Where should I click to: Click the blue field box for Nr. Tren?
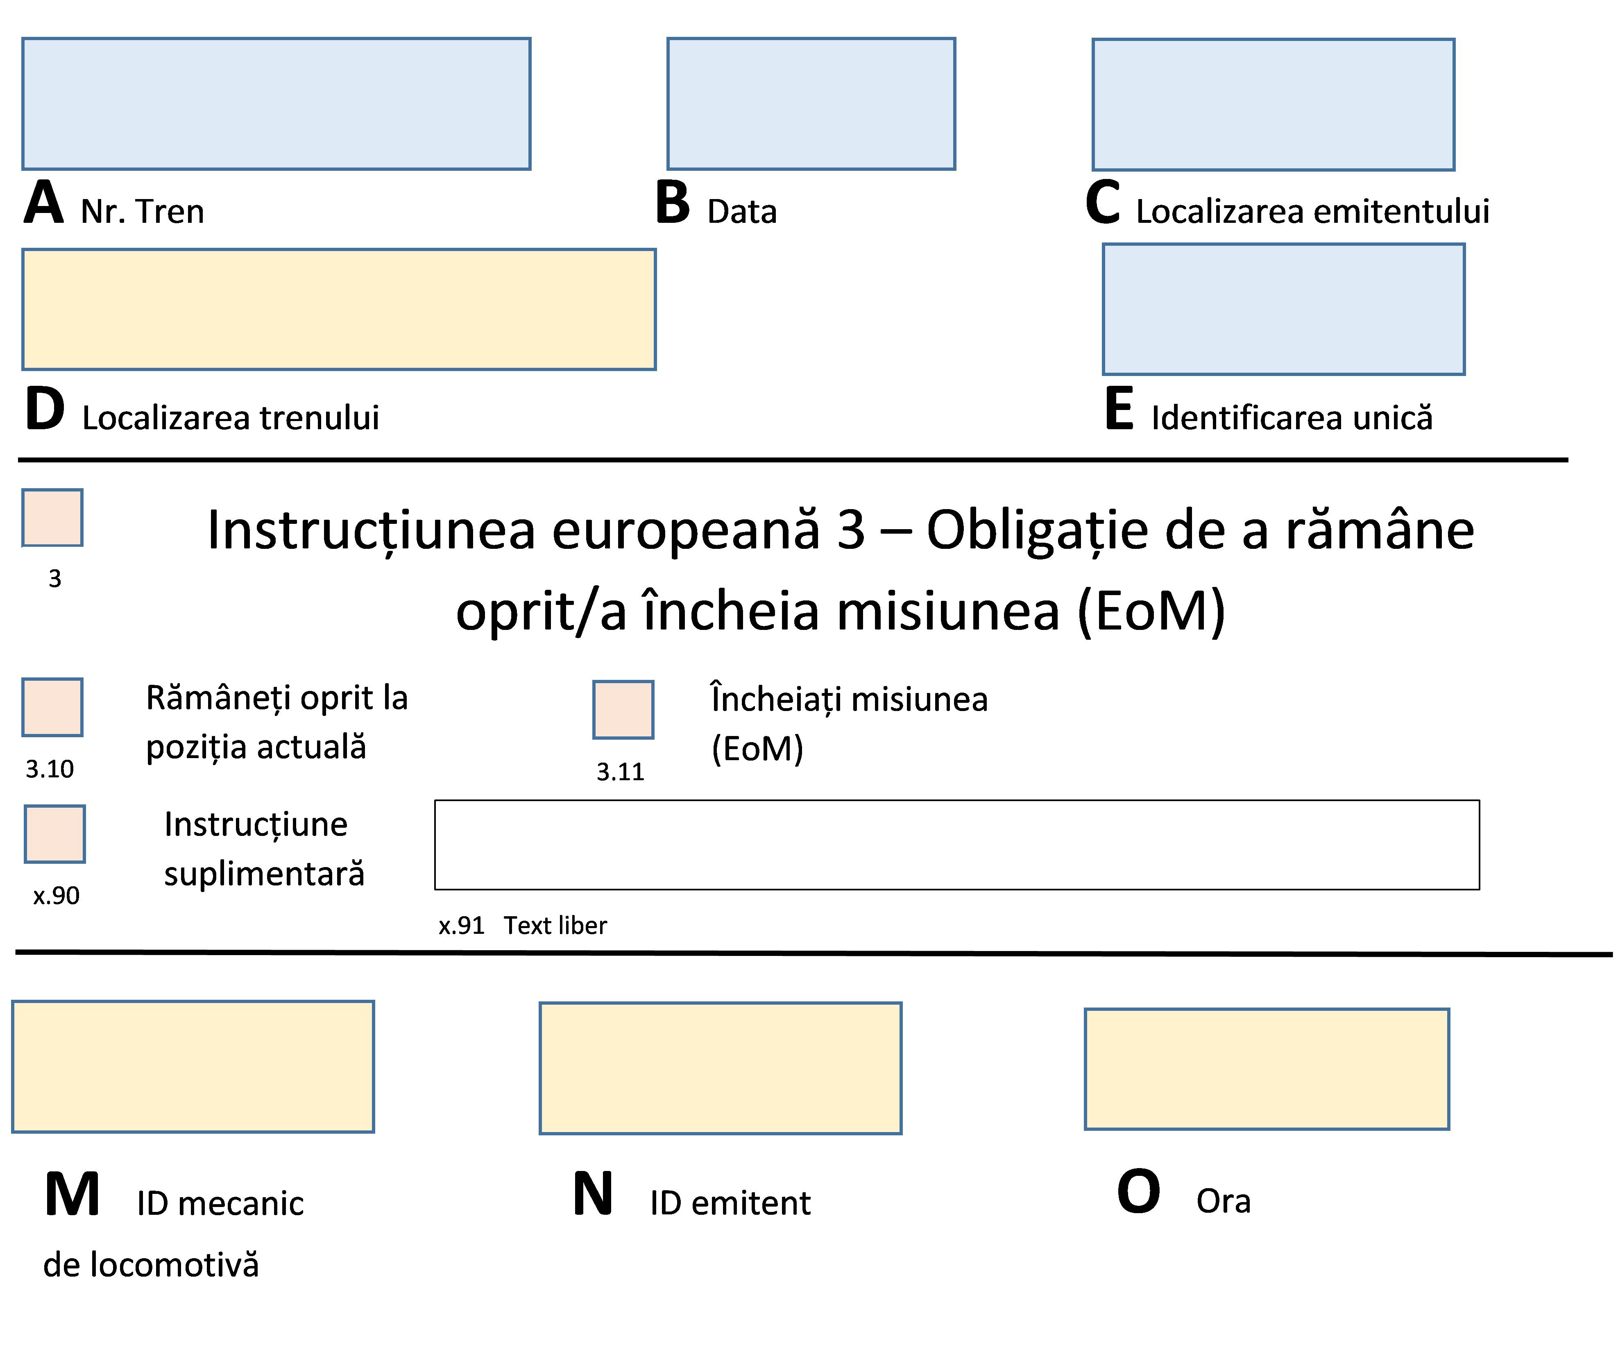276,103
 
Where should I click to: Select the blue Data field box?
811,103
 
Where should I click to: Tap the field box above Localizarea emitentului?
1273,104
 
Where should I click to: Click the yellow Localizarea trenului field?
339,309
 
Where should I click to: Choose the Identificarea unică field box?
1283,309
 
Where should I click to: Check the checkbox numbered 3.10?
52,707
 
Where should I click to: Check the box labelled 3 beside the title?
52,518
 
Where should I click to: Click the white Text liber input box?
957,845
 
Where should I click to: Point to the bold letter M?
73,1194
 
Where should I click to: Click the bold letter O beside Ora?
1139,1191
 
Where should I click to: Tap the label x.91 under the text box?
461,925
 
